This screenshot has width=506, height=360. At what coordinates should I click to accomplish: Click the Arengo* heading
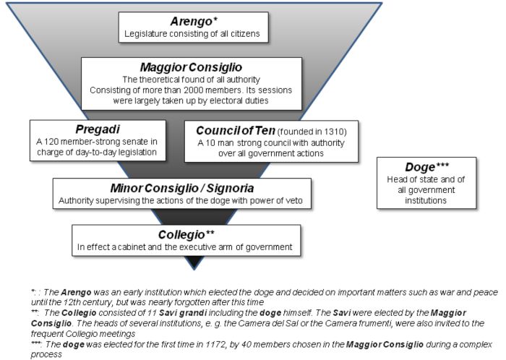[192, 20]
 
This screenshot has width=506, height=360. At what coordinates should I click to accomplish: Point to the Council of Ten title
[234, 130]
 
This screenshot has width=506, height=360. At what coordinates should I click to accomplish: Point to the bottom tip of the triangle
[192, 268]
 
